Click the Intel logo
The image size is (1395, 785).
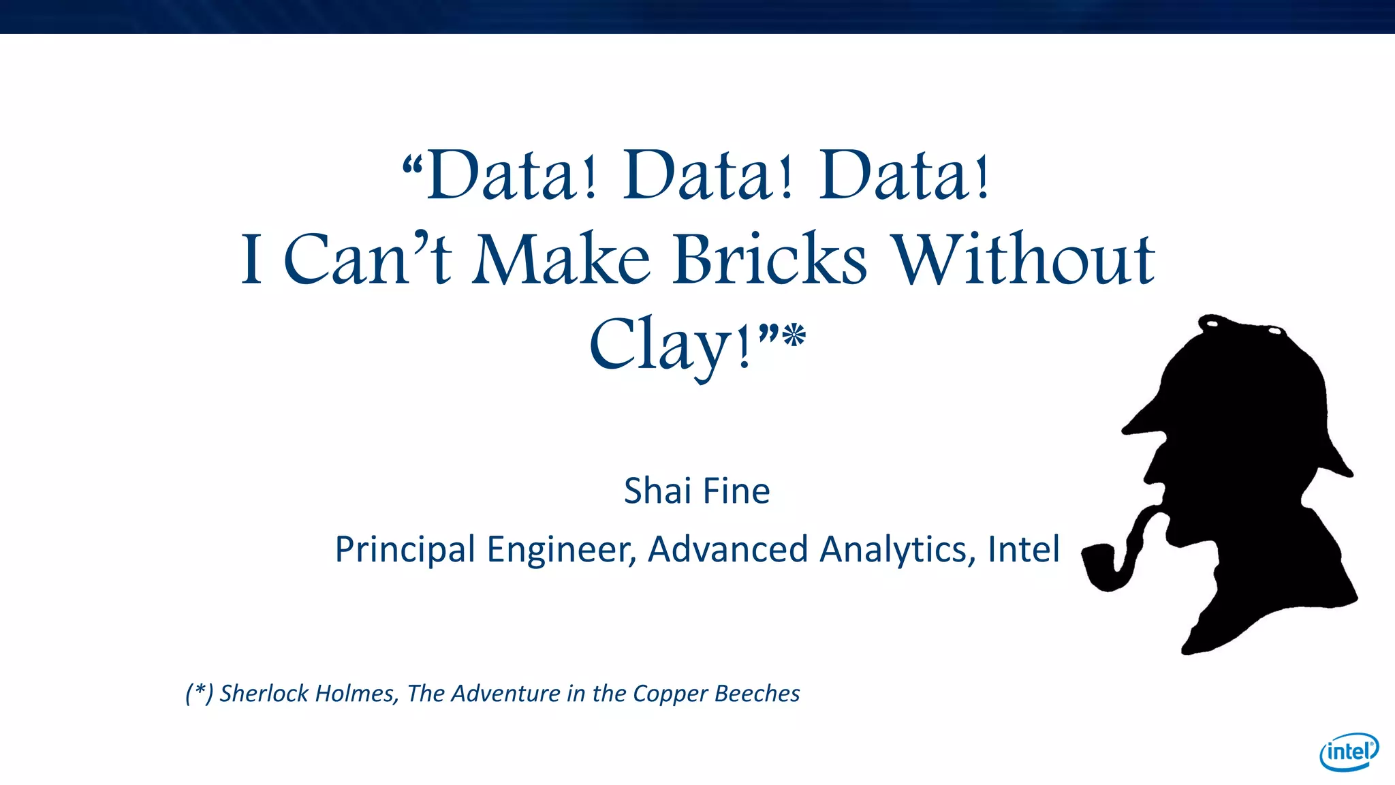pos(1349,752)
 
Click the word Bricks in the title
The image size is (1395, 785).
pos(770,260)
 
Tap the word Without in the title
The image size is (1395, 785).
pos(1023,260)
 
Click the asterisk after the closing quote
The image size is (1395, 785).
pos(794,336)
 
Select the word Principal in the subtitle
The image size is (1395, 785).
pos(405,549)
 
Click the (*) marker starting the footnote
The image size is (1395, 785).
pos(199,693)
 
